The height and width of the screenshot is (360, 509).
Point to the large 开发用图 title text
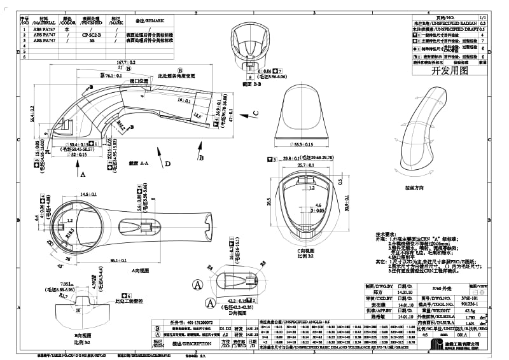pyautogui.click(x=449, y=71)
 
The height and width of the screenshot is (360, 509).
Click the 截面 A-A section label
pyautogui.click(x=138, y=163)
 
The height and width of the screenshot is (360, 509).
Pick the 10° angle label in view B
pyautogui.click(x=78, y=311)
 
